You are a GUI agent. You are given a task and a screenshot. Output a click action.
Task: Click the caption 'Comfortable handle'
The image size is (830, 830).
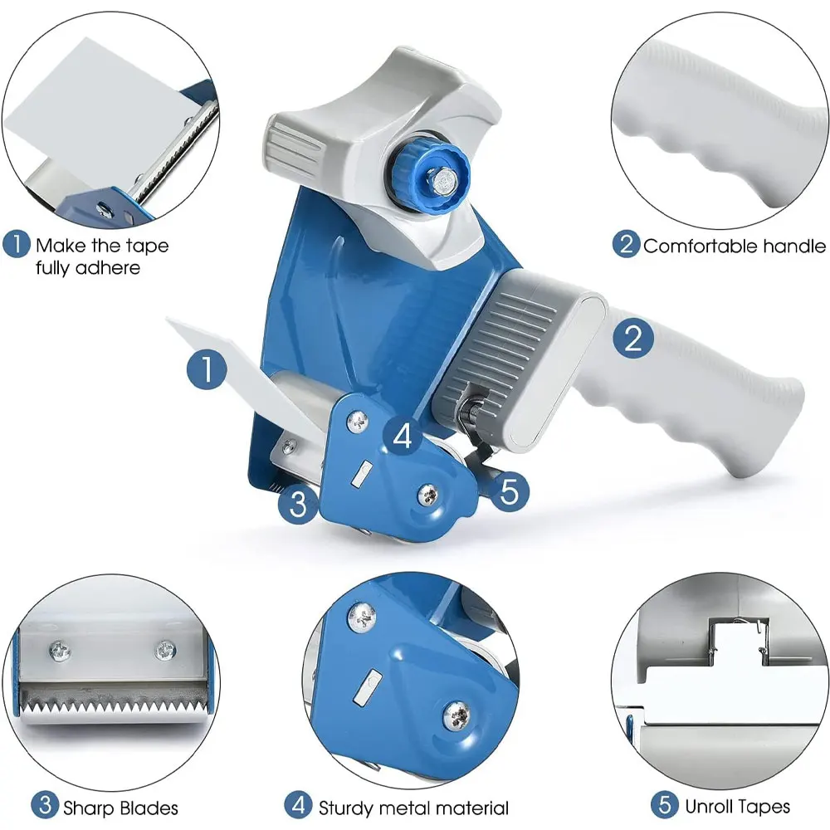pyautogui.click(x=735, y=246)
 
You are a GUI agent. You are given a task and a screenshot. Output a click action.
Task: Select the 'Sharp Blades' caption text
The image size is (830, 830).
pyautogui.click(x=120, y=806)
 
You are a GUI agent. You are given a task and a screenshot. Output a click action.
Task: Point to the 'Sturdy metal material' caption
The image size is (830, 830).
pyautogui.click(x=413, y=806)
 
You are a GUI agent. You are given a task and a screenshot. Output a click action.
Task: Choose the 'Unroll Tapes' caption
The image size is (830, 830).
pyautogui.click(x=737, y=805)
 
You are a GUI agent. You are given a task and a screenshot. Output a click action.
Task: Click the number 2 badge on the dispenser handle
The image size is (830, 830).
pyautogui.click(x=633, y=339)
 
